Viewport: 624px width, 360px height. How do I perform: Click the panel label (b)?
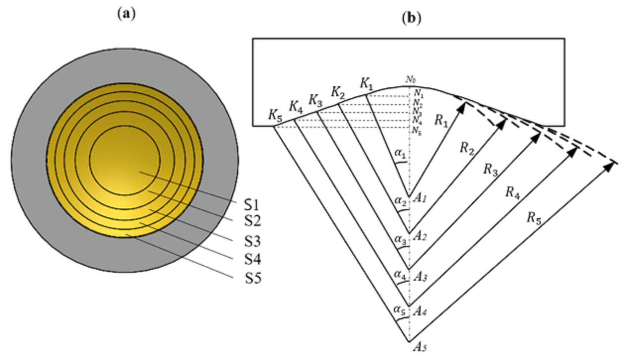coord(411,18)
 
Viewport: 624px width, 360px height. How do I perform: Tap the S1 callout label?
coord(251,205)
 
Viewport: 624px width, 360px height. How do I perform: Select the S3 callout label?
coord(252,241)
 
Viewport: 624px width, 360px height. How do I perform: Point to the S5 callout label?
coord(253,278)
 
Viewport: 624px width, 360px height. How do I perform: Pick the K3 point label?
coord(315,101)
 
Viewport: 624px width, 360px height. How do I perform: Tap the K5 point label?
coord(275,116)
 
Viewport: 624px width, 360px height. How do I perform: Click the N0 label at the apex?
coord(410,80)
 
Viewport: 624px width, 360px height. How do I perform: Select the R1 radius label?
coord(441,121)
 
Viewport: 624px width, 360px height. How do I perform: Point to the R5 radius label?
coord(534,218)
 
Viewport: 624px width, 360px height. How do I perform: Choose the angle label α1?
coord(400,153)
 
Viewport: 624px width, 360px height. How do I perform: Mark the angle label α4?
coord(400,276)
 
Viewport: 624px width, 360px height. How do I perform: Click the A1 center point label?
coord(420,198)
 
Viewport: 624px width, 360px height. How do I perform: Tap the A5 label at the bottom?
coord(420,347)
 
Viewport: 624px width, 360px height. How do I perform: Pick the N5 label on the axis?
coord(417,131)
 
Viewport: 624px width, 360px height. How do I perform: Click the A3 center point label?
coord(420,277)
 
